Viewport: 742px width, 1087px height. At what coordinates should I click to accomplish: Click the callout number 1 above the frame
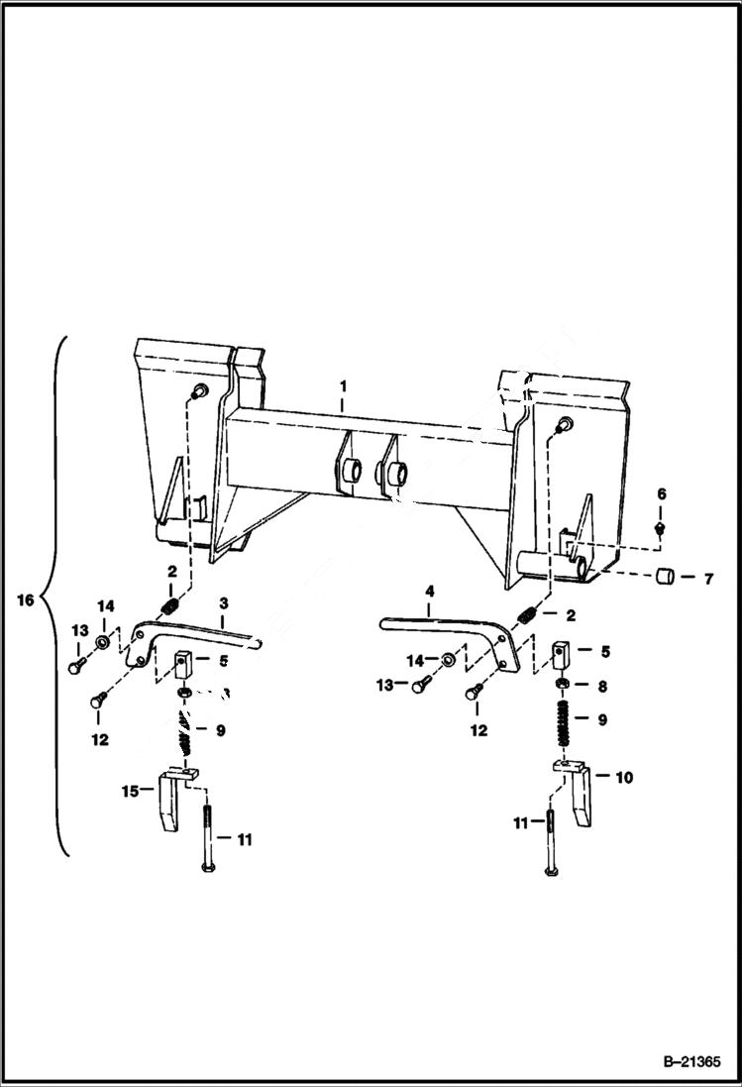[x=343, y=382]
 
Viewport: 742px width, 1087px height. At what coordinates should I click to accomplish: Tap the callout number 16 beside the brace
[x=26, y=599]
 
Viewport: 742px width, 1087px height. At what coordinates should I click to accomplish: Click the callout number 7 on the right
[x=707, y=579]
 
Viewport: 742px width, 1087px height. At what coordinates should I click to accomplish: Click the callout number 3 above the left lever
[x=224, y=602]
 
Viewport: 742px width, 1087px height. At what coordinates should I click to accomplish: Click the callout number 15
[x=129, y=790]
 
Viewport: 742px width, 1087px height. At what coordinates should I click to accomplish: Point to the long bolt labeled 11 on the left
[x=207, y=838]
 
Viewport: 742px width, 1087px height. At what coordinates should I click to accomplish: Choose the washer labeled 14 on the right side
[x=448, y=658]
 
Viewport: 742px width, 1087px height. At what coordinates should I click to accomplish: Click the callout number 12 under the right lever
[x=478, y=731]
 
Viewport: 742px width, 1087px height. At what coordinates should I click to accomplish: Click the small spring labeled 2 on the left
[x=171, y=603]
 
